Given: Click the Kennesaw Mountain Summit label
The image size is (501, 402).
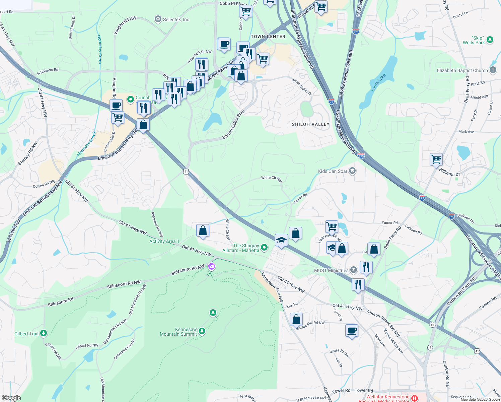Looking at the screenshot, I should coord(178,332).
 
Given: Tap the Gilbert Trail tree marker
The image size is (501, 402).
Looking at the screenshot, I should coord(43,333).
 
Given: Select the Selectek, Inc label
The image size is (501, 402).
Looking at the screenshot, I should coord(176,19).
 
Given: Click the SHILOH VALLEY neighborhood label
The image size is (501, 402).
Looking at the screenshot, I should coord(310,124).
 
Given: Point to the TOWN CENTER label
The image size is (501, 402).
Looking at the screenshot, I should coord(268,37).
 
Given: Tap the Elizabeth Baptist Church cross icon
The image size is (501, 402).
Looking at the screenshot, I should coord(493,70).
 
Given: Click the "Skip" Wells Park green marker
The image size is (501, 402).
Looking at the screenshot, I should coord(490,40).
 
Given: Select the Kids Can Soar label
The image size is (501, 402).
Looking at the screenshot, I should coord(333,171).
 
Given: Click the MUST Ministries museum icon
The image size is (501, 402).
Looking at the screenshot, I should coord(354,270).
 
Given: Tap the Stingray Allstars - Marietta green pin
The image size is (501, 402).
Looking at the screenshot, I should coord(264,248).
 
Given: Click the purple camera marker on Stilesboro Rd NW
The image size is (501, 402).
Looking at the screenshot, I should coord(211,267).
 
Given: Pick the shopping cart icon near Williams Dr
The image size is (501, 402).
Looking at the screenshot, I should coord(436,159).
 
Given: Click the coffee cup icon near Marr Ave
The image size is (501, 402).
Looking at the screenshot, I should coord(352,331).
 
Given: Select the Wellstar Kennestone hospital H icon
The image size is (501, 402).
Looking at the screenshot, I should coord(415,398).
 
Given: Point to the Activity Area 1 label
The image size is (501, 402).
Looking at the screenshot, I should coord(164,241).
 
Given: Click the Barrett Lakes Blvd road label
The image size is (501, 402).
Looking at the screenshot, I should coord(233,124).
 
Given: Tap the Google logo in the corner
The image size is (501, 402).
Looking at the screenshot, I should coord(11,398).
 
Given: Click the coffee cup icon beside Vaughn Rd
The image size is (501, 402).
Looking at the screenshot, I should coord(116,105).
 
